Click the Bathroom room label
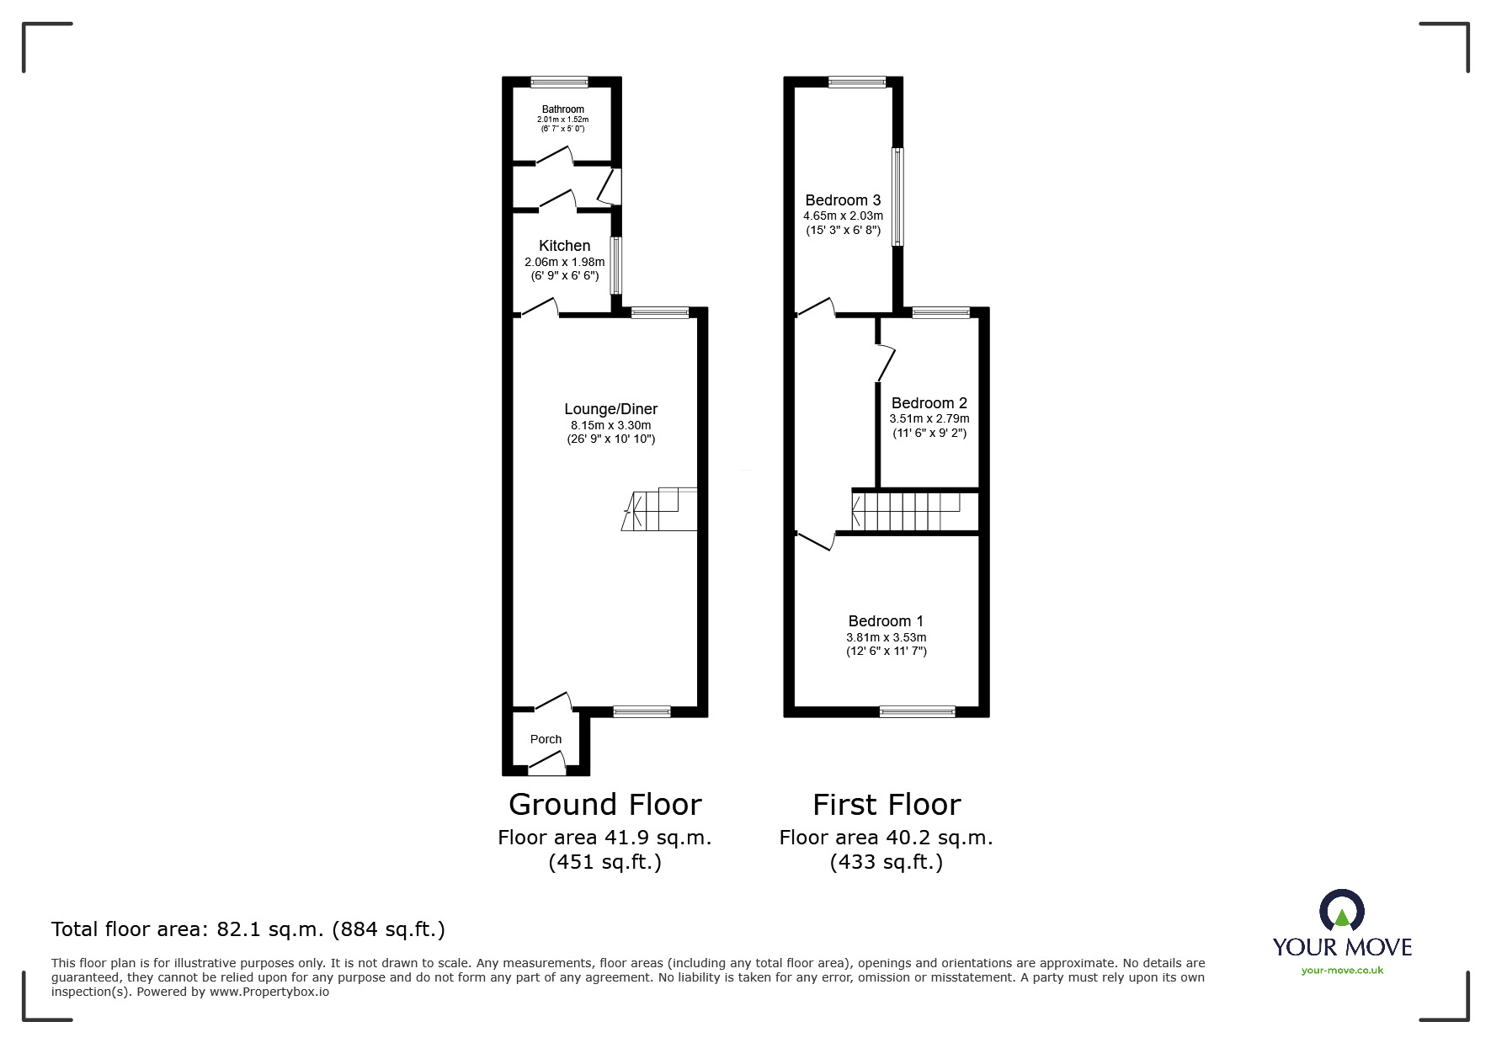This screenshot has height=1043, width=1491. (562, 109)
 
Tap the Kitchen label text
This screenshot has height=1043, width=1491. (564, 246)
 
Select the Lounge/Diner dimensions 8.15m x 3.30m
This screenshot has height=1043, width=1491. (610, 425)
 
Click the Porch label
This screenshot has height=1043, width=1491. (546, 739)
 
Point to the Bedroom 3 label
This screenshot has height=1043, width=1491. (843, 200)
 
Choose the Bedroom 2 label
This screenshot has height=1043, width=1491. (929, 403)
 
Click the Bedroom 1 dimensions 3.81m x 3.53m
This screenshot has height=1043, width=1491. (886, 637)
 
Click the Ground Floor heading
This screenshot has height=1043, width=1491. (604, 805)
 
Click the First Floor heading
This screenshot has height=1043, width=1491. (886, 805)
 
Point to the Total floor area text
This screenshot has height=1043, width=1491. (248, 929)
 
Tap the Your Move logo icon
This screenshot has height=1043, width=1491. (1341, 912)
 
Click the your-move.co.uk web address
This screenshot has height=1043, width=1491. (1342, 971)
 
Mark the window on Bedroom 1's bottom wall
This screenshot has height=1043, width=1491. (917, 712)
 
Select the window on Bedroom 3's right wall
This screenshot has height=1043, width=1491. (897, 197)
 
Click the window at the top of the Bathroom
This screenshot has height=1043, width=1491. (559, 82)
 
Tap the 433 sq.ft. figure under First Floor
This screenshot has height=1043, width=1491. (886, 862)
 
